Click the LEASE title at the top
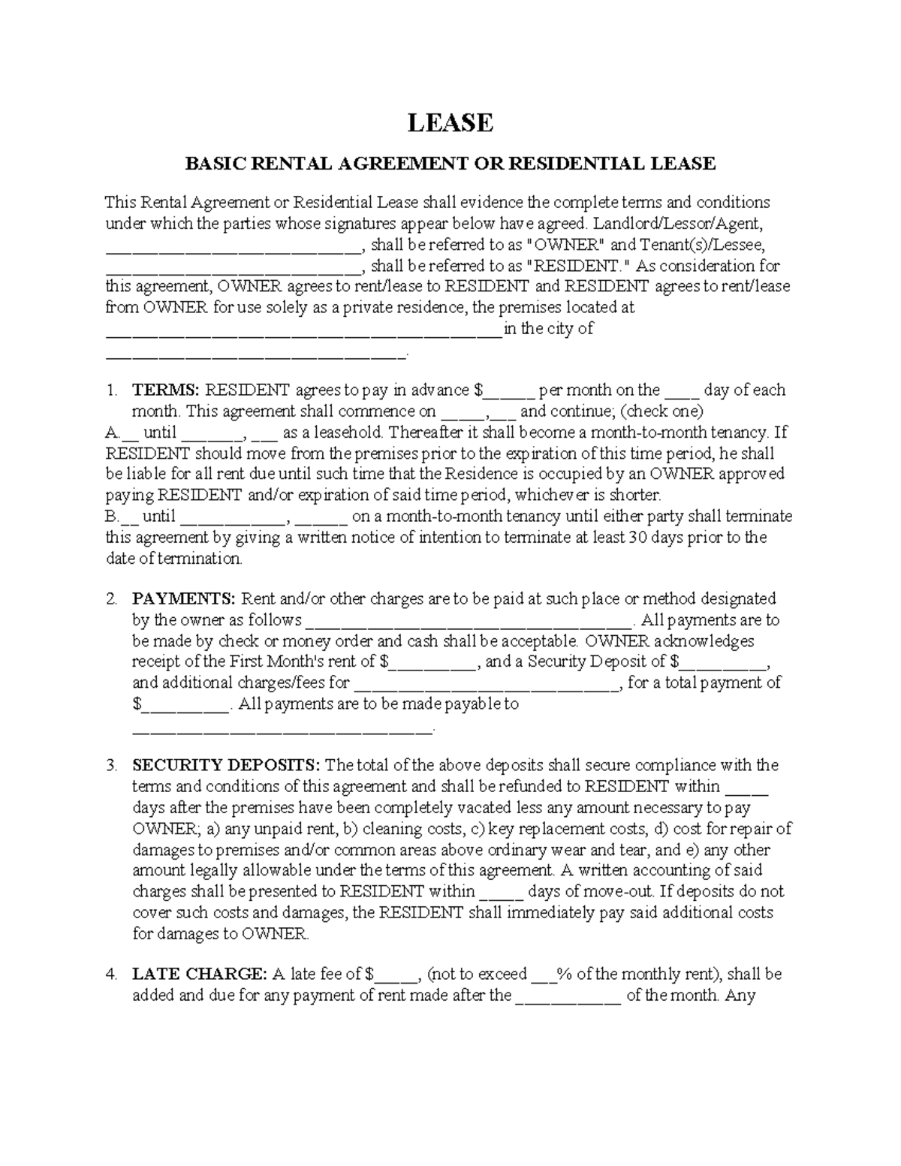tap(450, 122)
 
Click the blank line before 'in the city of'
tap(303, 333)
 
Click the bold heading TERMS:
tap(165, 390)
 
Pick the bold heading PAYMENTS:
tap(184, 599)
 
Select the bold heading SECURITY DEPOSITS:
tap(226, 766)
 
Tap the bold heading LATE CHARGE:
tap(199, 975)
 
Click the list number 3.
tap(111, 766)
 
